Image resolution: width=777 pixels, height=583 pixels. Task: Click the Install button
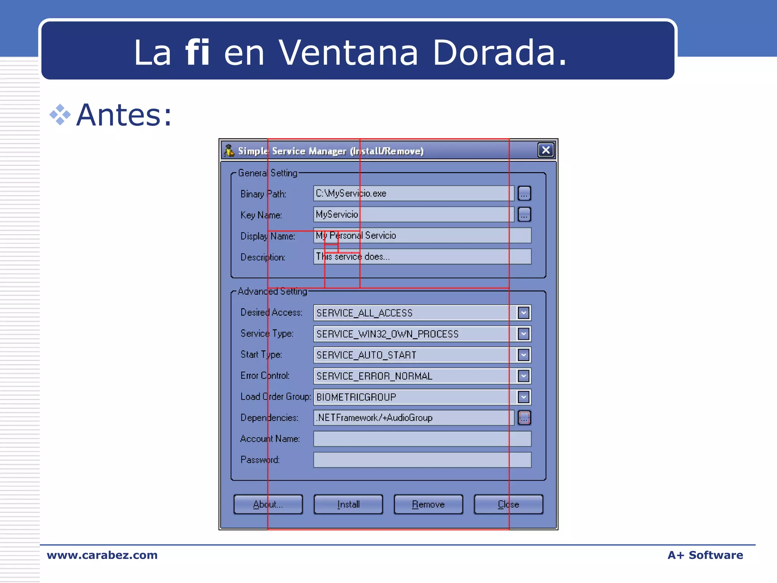coord(348,504)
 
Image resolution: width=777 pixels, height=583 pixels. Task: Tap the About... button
coord(268,504)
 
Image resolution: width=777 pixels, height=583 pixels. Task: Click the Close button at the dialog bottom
coord(508,504)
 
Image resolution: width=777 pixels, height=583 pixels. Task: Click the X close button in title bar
coord(546,150)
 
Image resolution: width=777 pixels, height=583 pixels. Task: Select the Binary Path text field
coord(414,194)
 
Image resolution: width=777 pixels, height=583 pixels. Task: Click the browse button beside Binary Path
coord(524,194)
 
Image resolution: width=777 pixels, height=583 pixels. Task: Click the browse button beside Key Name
coord(524,214)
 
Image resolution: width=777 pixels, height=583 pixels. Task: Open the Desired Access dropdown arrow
coord(524,313)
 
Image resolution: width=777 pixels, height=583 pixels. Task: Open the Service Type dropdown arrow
coord(524,334)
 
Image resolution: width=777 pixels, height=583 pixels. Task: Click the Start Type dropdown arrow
coord(524,355)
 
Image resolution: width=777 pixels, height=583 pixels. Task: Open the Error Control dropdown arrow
coord(524,376)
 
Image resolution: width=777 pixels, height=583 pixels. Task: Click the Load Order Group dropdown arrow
coord(524,397)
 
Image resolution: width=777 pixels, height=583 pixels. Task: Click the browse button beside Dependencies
coord(524,418)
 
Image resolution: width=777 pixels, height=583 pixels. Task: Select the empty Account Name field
coord(422,439)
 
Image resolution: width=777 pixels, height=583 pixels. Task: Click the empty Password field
coord(422,460)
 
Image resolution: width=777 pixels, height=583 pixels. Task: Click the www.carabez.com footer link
coord(102,555)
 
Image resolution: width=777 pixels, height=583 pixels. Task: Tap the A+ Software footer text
coord(705,555)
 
